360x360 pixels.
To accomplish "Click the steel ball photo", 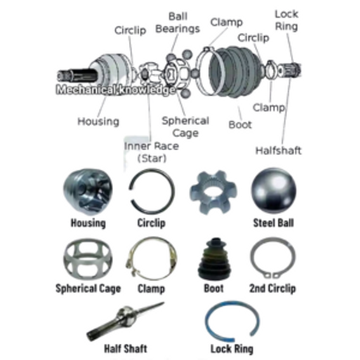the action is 273,190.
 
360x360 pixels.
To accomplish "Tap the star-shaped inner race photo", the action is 213,192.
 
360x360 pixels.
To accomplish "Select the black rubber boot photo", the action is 215,259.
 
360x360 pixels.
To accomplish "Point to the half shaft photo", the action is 125,321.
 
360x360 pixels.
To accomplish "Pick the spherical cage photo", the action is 88,260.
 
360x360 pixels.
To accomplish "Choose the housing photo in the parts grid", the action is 88,192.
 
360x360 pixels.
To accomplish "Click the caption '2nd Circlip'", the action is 273,288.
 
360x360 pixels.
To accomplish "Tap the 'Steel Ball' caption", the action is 273,223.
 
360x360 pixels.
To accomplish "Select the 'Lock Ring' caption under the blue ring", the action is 232,349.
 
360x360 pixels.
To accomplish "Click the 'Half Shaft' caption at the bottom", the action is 126,349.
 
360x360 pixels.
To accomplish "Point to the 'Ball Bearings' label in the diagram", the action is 177,23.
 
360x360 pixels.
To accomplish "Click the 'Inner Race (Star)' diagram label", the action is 152,153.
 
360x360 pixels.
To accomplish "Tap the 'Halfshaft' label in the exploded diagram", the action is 278,151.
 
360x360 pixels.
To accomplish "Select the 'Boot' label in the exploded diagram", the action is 240,125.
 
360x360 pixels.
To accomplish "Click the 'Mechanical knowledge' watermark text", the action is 116,90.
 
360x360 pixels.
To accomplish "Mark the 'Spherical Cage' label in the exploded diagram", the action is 185,127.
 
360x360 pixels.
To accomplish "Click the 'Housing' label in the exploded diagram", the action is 99,122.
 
